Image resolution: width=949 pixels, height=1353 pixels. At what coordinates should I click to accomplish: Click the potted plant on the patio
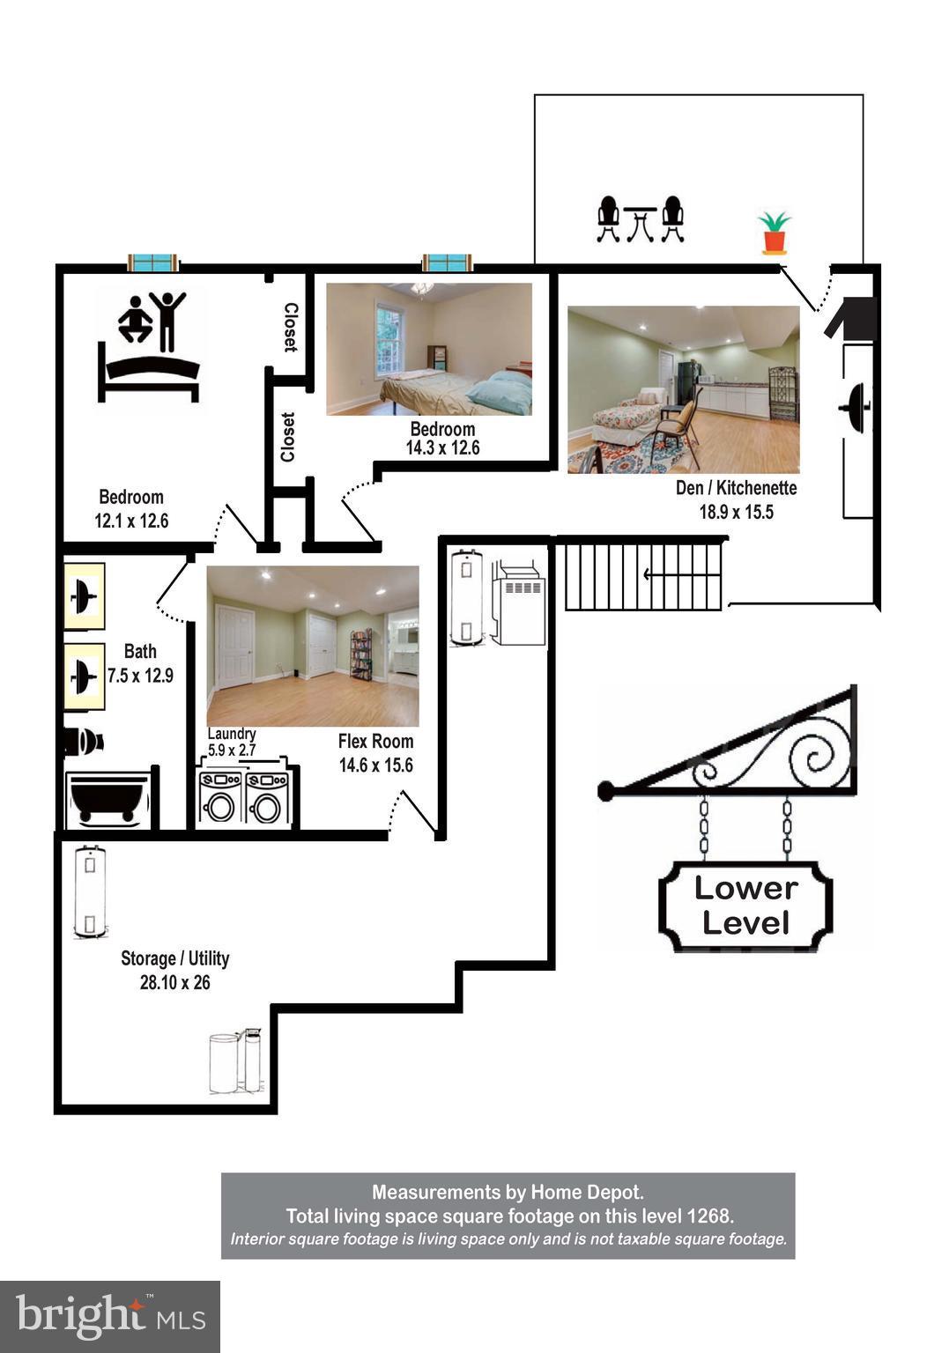point(774,233)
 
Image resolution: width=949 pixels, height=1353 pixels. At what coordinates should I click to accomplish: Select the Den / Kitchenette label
point(736,488)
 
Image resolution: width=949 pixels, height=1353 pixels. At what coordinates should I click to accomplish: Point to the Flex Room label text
point(375,742)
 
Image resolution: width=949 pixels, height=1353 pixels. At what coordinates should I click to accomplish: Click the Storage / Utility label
point(174,958)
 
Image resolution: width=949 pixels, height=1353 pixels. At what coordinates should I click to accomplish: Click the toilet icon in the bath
point(85,743)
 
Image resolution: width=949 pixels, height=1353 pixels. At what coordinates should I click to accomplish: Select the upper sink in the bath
point(85,596)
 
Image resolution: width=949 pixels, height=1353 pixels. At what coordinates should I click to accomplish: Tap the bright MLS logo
point(109,1316)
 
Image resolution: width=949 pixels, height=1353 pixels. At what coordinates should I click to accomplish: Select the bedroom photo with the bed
point(429,349)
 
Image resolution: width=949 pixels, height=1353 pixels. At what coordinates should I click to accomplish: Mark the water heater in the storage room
point(90,891)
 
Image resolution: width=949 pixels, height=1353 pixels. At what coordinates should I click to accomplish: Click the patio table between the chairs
point(641,222)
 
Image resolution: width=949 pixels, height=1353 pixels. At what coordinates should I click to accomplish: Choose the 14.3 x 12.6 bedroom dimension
point(442,448)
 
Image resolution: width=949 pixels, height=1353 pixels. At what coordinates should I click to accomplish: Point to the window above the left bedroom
point(153,262)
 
